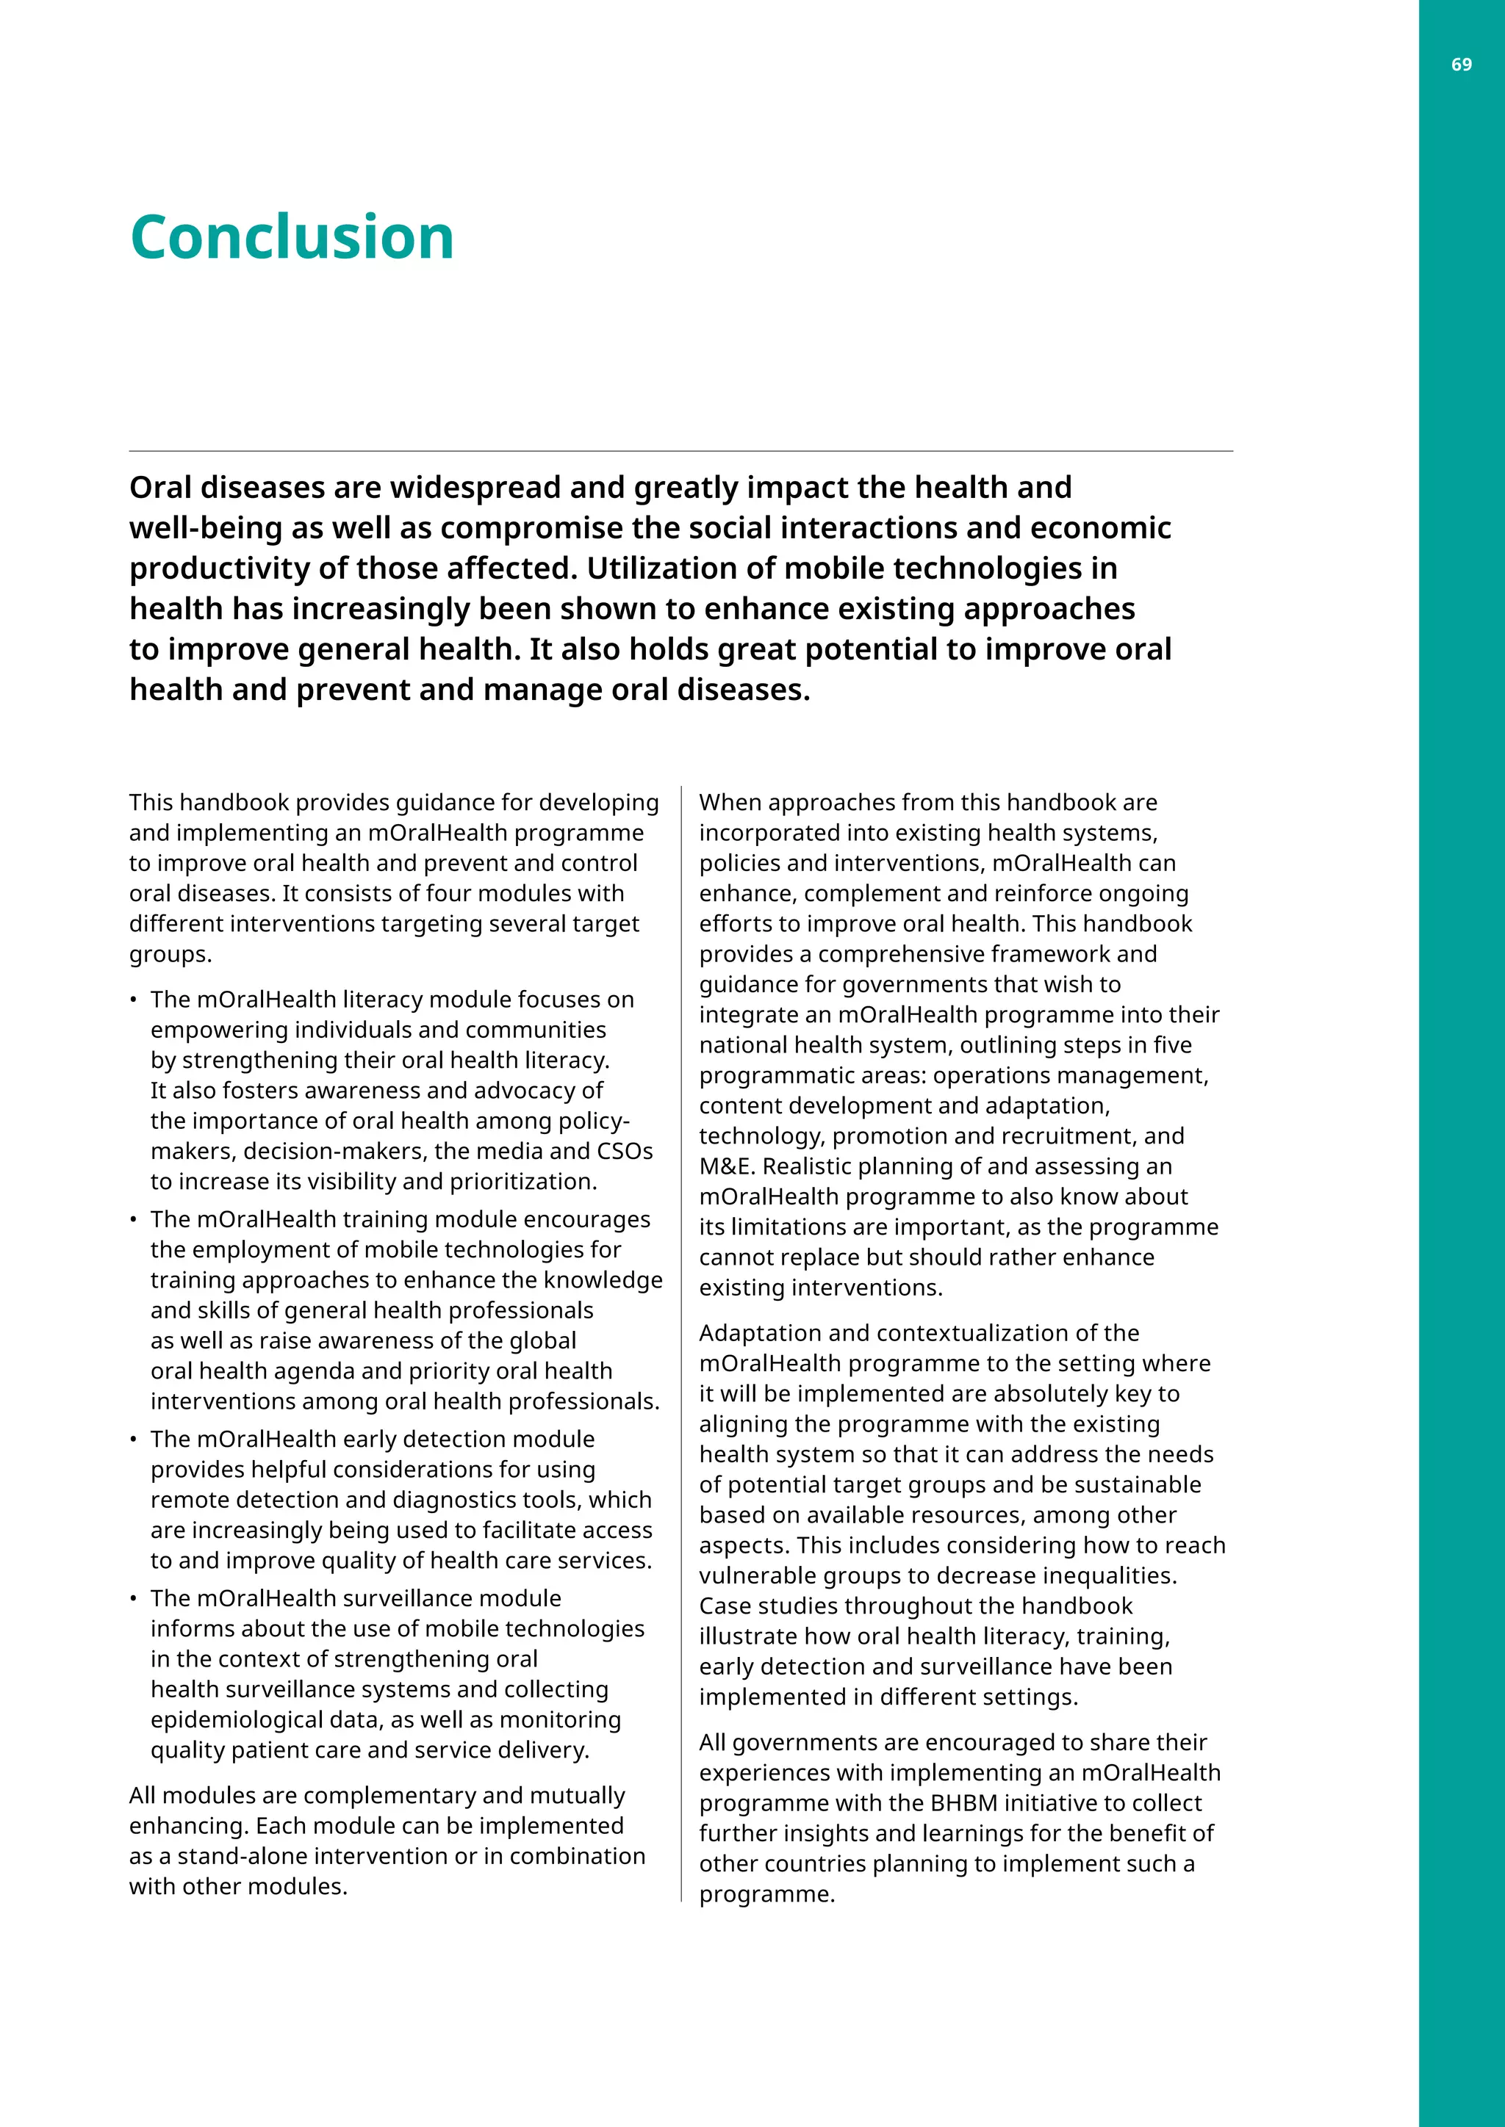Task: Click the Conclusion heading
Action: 292,237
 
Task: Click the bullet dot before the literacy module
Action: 134,1000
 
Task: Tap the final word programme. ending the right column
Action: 766,1893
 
